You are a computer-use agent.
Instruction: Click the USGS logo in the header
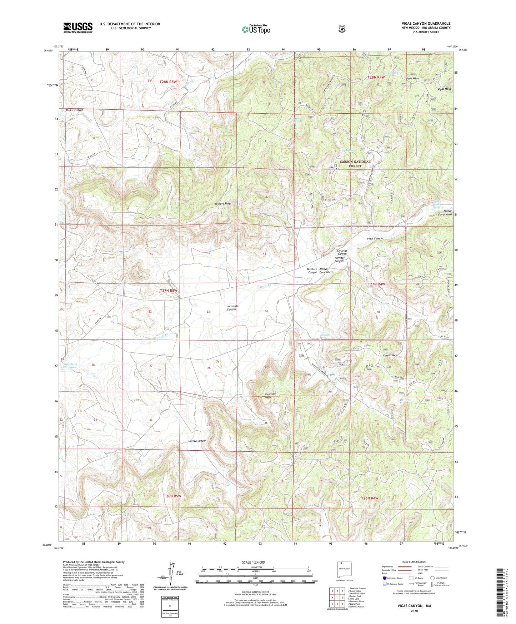[x=78, y=28]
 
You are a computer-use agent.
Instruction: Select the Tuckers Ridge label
[x=223, y=204]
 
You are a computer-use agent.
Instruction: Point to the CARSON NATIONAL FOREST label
[x=355, y=164]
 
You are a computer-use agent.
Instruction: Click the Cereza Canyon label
[x=197, y=441]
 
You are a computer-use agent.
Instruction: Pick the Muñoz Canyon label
[x=74, y=110]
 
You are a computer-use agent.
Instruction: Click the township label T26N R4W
[x=369, y=498]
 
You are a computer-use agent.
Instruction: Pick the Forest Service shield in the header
[x=342, y=29]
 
